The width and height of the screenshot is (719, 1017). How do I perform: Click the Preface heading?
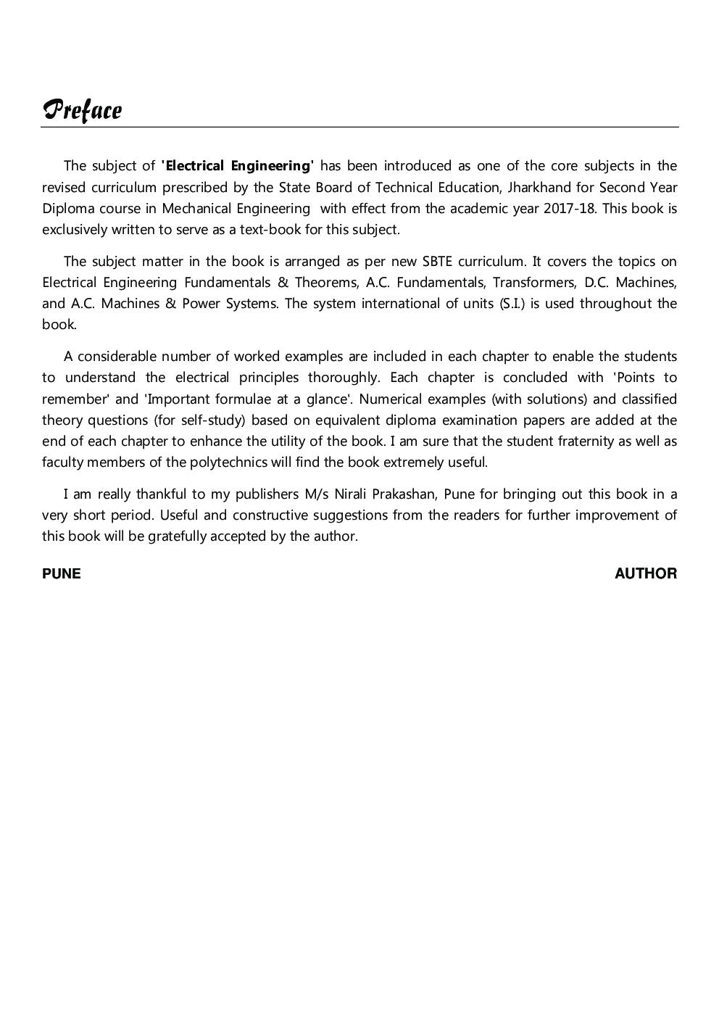coord(82,110)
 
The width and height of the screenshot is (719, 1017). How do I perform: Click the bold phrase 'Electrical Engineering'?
coord(238,166)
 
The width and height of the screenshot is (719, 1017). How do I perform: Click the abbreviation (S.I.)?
coord(512,303)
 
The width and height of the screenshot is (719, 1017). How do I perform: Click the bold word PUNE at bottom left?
coord(62,573)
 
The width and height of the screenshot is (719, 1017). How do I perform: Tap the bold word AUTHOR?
coord(646,573)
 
